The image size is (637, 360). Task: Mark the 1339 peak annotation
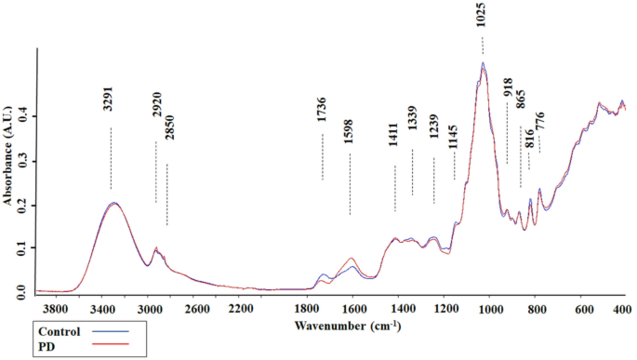tap(412, 132)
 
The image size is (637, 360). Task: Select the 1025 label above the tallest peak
tap(482, 14)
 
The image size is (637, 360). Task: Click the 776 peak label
tap(539, 121)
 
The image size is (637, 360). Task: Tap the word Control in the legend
tap(60, 331)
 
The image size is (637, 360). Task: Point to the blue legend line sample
tap(109, 331)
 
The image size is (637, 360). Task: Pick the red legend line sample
tap(109, 346)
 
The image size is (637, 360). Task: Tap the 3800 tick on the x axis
tap(56, 309)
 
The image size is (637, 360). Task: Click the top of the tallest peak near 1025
tap(483, 63)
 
